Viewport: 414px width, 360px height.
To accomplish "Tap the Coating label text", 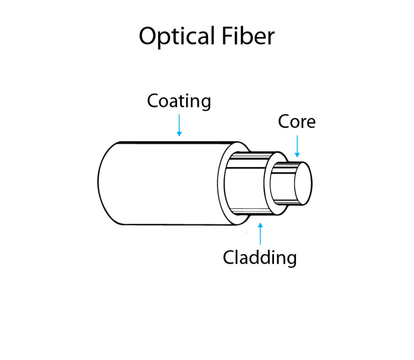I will tap(179, 101).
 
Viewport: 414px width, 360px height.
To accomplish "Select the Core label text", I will tap(297, 122).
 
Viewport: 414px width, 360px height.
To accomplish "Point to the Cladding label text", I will tap(260, 258).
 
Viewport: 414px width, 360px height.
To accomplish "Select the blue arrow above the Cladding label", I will tap(260, 234).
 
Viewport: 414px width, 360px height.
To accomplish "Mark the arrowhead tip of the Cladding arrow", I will tap(260, 224).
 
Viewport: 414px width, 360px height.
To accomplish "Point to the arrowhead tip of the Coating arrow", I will tap(179, 135).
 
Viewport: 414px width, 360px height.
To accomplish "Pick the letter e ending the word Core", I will tap(311, 123).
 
